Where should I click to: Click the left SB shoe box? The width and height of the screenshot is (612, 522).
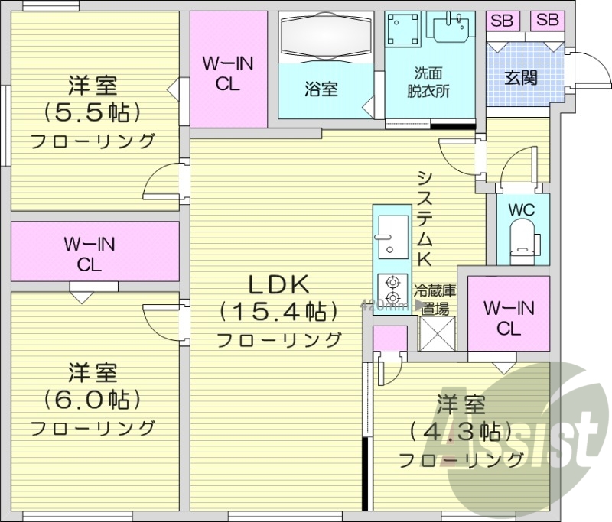(502, 21)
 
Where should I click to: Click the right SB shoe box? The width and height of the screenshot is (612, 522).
(547, 21)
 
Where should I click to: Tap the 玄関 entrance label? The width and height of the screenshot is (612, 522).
(520, 77)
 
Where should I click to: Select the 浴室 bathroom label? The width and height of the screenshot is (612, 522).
(321, 89)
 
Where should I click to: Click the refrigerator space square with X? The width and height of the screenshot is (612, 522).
(437, 332)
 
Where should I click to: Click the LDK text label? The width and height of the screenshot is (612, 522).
(278, 285)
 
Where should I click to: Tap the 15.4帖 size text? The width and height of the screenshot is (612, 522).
(278, 311)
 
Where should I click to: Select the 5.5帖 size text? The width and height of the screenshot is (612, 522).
(92, 112)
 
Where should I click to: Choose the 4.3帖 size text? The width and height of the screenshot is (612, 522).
(460, 430)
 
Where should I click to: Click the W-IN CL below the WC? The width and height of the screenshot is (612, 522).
(508, 319)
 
